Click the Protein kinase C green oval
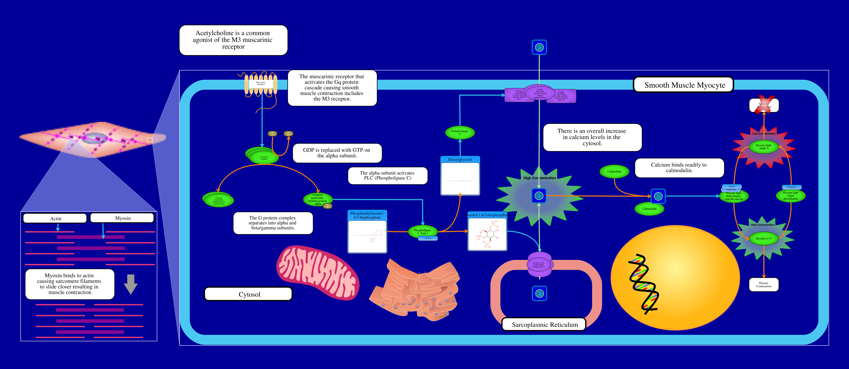pyautogui.click(x=460, y=132)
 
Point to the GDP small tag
pyautogui.click(x=272, y=134)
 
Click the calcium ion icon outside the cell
pyautogui.click(x=539, y=47)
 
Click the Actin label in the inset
pyautogui.click(x=55, y=218)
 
